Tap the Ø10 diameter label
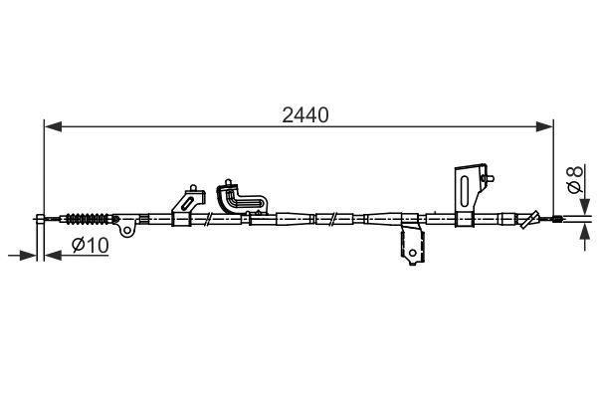tap(90, 246)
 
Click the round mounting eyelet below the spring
tap(127, 230)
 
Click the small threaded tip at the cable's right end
tap(563, 219)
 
